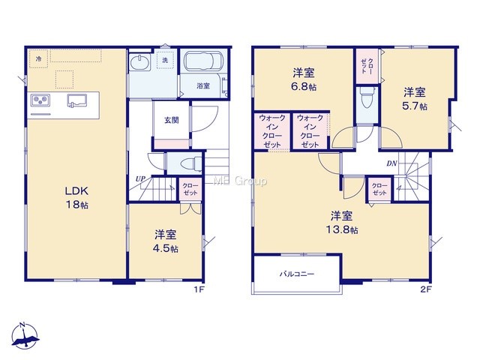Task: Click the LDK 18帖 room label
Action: (76, 198)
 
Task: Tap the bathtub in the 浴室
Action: (204, 61)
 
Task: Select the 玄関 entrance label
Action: (172, 120)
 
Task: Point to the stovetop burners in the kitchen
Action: (40, 100)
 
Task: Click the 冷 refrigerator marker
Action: (38, 58)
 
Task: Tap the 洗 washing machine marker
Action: (165, 60)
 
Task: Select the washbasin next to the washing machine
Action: (140, 62)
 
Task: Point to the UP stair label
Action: (140, 178)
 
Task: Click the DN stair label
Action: (391, 163)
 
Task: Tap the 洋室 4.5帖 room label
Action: (166, 241)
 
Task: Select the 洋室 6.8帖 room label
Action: (304, 80)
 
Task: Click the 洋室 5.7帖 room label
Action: (415, 98)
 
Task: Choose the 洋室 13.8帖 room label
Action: (342, 223)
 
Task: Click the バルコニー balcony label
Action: (297, 274)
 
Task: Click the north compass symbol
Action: (25, 336)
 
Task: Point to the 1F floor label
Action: (199, 289)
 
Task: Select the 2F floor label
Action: (426, 289)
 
